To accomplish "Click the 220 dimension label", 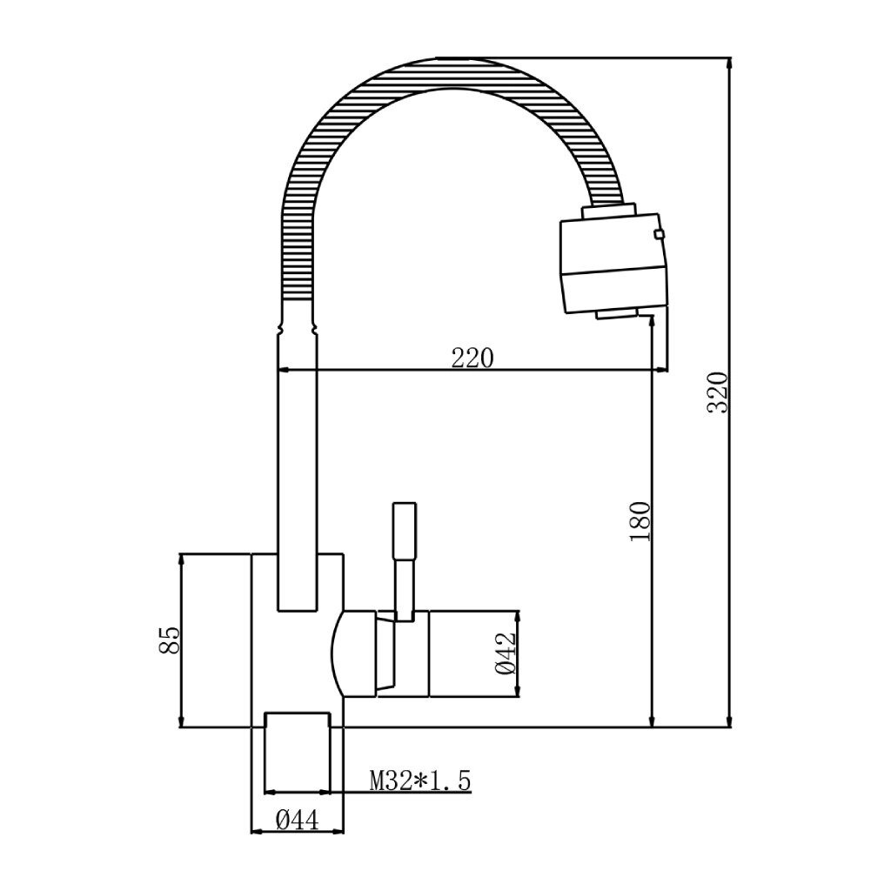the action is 472,358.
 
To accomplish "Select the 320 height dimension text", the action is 717,392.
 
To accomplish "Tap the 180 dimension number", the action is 640,521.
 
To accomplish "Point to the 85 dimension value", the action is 170,640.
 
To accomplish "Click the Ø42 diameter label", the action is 506,653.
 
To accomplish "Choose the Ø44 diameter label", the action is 298,820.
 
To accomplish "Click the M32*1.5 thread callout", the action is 420,780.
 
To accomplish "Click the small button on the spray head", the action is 660,233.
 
